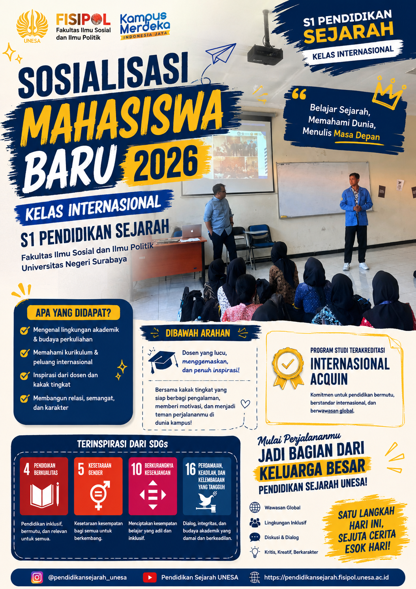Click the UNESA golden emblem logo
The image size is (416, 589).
click(32, 26)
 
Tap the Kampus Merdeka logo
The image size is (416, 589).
click(145, 26)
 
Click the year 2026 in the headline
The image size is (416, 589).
click(166, 162)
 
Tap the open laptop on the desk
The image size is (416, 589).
click(192, 231)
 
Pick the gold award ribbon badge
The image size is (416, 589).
click(288, 368)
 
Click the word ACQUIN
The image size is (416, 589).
click(329, 379)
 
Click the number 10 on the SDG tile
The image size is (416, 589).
click(137, 469)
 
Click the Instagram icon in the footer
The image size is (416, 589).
click(37, 577)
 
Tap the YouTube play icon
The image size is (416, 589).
click(150, 577)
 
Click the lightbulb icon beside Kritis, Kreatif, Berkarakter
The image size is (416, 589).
click(255, 552)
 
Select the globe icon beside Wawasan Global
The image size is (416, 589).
click(255, 508)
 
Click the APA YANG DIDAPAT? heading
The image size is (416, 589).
click(73, 313)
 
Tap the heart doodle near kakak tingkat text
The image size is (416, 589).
click(245, 403)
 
